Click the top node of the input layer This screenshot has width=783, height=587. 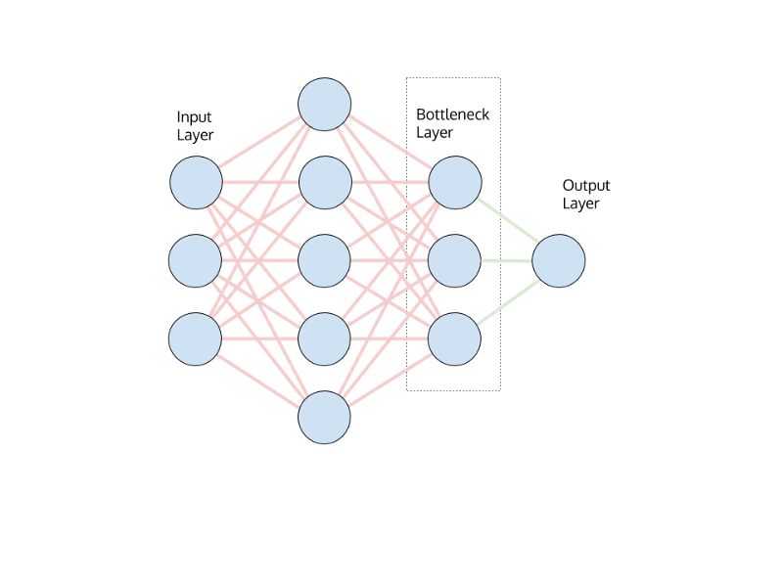pyautogui.click(x=196, y=183)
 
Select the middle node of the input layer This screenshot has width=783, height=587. pyautogui.click(x=196, y=261)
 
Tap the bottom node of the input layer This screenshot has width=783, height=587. pyautogui.click(x=196, y=339)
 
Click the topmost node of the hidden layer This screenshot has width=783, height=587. pyautogui.click(x=325, y=105)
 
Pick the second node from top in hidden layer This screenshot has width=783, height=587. pyautogui.click(x=325, y=183)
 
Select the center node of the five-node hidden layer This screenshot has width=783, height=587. pyautogui.click(x=325, y=261)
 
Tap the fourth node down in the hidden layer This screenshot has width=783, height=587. pyautogui.click(x=325, y=339)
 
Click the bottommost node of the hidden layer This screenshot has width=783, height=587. pyautogui.click(x=325, y=418)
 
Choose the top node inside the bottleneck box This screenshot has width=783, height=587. pyautogui.click(x=455, y=183)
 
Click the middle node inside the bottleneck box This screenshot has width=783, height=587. pyautogui.click(x=455, y=261)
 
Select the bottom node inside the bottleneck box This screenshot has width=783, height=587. pyautogui.click(x=455, y=339)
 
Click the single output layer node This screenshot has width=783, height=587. pyautogui.click(x=559, y=261)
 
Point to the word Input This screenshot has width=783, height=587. pyautogui.click(x=194, y=116)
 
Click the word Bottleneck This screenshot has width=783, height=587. pyautogui.click(x=452, y=114)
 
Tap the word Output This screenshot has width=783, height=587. pyautogui.click(x=586, y=185)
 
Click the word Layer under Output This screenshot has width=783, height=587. pyautogui.click(x=580, y=203)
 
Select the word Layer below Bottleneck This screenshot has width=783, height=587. pyautogui.click(x=435, y=133)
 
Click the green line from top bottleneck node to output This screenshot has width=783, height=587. pyautogui.click(x=507, y=222)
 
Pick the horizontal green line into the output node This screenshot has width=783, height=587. pyautogui.click(x=507, y=261)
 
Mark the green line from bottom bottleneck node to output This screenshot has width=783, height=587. pyautogui.click(x=507, y=300)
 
